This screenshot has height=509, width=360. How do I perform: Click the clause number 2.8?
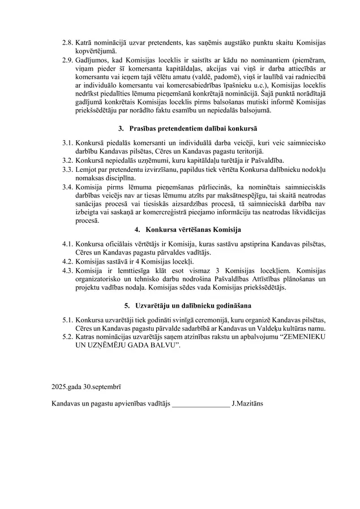point(67,43)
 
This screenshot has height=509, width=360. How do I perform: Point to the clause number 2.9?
point(67,59)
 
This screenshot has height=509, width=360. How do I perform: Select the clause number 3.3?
point(67,169)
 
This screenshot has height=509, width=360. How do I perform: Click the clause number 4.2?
point(67,261)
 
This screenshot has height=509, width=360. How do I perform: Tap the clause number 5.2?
point(67,337)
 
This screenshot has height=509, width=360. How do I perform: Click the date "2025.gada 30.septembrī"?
point(85,387)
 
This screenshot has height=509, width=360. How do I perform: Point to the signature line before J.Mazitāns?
point(201,404)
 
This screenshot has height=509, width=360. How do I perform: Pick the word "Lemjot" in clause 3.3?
point(85,169)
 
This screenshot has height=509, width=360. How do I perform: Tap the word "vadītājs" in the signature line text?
point(155,404)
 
